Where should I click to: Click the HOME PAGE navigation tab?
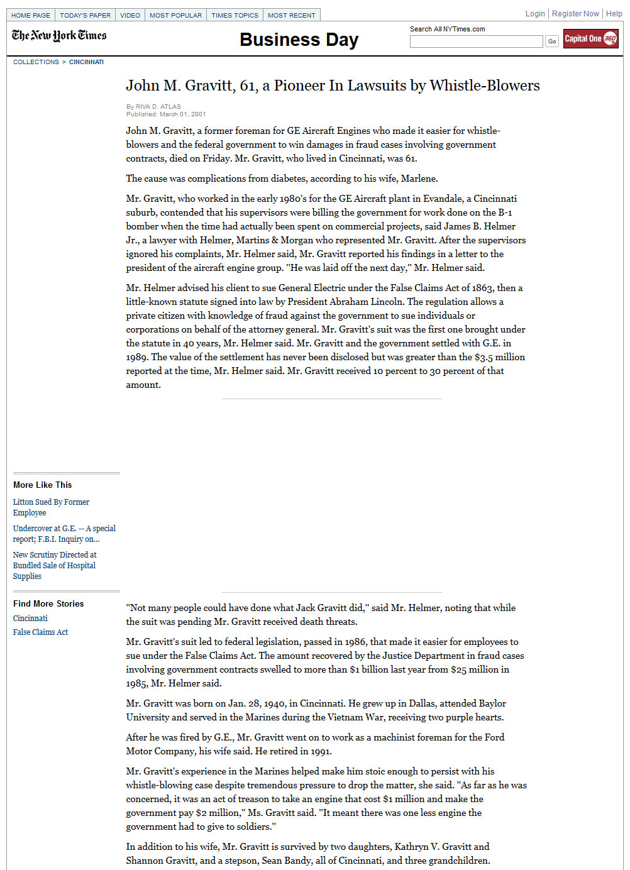point(31,15)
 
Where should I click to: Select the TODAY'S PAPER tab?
point(85,15)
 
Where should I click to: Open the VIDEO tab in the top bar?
point(130,15)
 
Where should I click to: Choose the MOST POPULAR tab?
point(175,15)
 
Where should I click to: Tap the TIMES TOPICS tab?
point(235,15)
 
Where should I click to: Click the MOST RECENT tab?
point(291,15)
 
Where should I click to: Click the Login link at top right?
point(535,14)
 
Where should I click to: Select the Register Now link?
point(575,14)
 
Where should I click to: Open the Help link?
point(614,14)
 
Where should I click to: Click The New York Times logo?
point(59,36)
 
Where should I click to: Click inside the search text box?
point(476,41)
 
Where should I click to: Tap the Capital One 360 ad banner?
point(590,39)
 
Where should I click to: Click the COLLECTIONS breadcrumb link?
point(36,62)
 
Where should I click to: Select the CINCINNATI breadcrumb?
point(86,62)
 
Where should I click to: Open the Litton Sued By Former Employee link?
point(51,507)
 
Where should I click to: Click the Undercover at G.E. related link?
point(64,534)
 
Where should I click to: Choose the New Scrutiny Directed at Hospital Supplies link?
point(55,565)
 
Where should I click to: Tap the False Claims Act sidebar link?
point(40,632)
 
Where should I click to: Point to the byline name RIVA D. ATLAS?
point(158,107)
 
